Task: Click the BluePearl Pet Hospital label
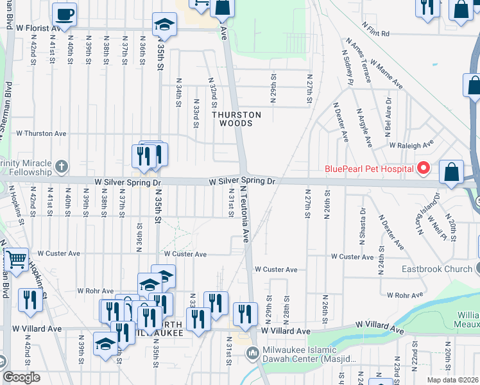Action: tap(368, 169)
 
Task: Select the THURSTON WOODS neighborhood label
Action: tap(237, 119)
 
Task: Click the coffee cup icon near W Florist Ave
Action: tap(64, 13)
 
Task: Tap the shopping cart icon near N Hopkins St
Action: tap(16, 260)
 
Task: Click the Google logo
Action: tap(21, 377)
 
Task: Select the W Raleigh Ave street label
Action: tap(411, 146)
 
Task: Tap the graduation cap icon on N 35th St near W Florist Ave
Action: tap(164, 26)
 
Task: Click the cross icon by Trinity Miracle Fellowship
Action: tap(62, 167)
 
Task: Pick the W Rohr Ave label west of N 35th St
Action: tap(95, 291)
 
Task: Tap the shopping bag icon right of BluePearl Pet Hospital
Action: tap(452, 172)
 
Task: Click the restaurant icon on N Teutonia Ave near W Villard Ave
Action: tap(244, 313)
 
